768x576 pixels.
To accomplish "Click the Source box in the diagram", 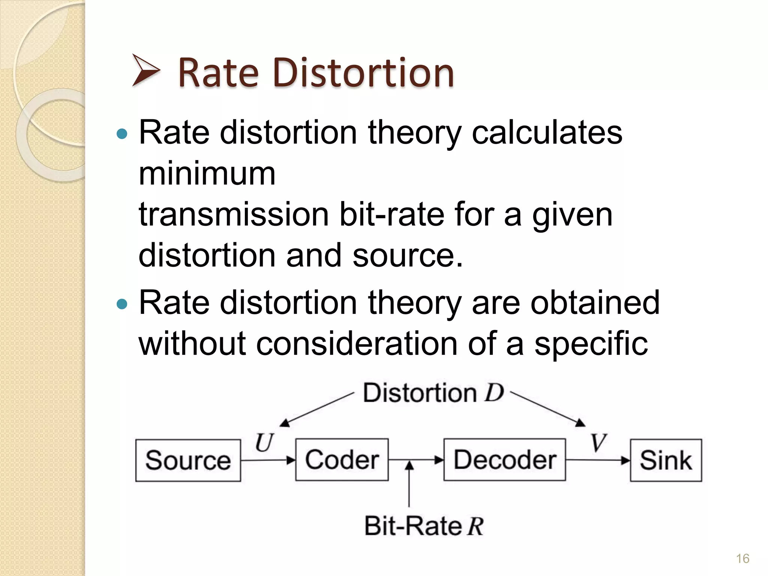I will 188,460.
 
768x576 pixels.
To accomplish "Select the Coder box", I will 342,459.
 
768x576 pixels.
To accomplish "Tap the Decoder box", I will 504,459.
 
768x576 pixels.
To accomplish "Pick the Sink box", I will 666,460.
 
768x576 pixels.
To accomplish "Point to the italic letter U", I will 264,442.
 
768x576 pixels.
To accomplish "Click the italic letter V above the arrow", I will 598,442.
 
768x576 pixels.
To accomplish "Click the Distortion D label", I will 433,393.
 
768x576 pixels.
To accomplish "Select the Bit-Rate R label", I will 424,526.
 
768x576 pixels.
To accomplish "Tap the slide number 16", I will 742,558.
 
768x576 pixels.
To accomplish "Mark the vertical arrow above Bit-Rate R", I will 409,484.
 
